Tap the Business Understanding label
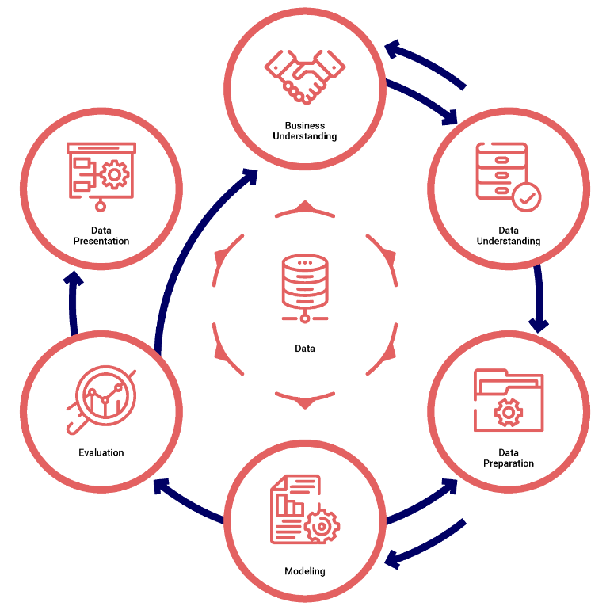point(305,131)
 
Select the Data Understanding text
point(508,236)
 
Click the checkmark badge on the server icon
point(526,196)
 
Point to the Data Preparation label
point(508,458)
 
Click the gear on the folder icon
point(507,413)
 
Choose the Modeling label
point(305,571)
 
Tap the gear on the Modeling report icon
point(322,525)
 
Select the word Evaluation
point(101,453)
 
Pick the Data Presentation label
point(101,236)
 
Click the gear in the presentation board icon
point(116,174)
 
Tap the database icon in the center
point(305,285)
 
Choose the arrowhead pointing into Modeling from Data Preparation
point(392,561)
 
